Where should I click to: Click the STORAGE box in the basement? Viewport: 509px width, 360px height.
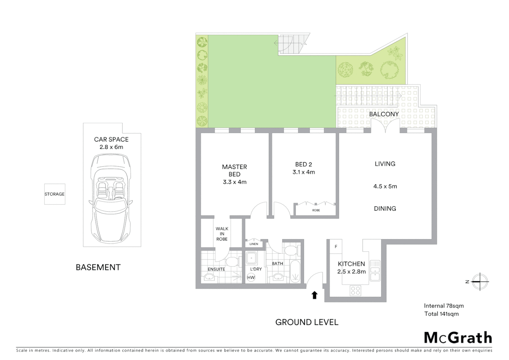click(55, 194)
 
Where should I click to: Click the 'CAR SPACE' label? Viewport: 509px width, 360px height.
click(111, 139)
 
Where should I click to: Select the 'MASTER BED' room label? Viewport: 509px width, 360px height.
click(235, 170)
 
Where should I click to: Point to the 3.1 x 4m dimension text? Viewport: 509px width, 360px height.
click(303, 172)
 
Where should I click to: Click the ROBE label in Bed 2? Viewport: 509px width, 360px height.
click(316, 210)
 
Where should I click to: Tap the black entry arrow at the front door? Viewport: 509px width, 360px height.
click(314, 295)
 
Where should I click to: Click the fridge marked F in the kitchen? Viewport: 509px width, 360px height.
click(336, 247)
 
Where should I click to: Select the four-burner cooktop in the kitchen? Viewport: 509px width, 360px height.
click(355, 290)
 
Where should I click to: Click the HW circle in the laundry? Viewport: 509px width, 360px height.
click(251, 277)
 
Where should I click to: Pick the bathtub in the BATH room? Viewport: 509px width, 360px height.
click(295, 272)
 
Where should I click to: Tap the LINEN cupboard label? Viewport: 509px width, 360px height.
click(254, 244)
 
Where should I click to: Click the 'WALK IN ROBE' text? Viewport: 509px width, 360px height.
click(222, 234)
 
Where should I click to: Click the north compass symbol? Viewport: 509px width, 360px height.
click(480, 282)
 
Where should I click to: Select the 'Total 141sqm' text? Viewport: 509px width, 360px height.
click(441, 314)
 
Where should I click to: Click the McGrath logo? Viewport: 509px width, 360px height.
click(458, 338)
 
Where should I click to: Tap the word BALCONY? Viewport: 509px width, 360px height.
click(384, 114)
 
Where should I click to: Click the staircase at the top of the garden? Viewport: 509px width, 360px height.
click(292, 44)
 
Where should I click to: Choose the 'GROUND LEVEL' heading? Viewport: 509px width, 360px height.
click(307, 322)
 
